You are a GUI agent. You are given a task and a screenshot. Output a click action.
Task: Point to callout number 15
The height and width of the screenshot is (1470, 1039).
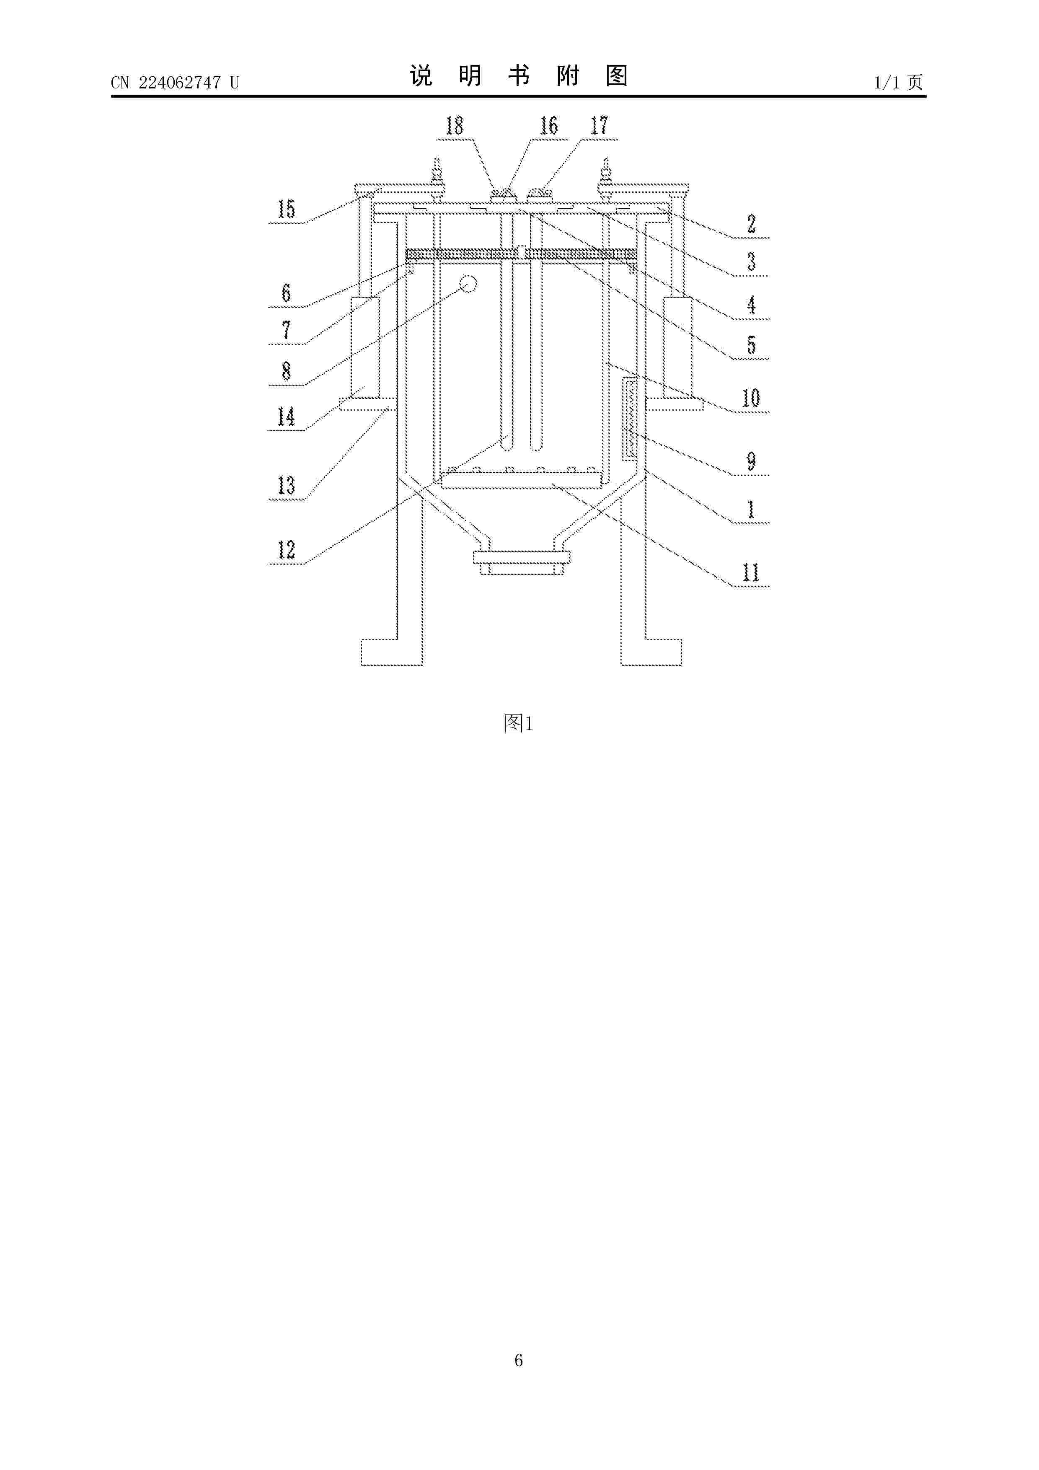286,210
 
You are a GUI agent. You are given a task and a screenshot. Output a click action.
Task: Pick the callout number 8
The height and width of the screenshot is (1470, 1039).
286,371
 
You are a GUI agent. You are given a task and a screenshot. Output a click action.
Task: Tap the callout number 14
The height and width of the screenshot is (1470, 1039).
286,417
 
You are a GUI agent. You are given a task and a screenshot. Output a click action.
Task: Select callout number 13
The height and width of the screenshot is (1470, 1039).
286,486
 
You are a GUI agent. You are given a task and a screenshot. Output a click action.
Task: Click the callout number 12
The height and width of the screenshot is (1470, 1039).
286,550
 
